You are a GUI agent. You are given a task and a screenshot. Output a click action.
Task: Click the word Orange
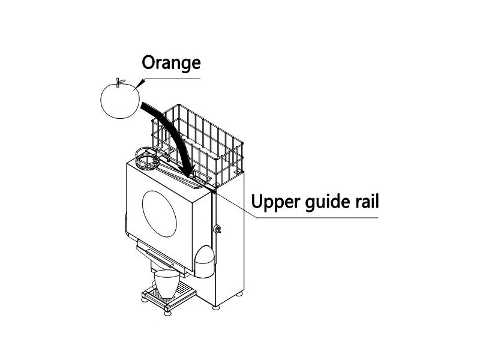(170, 62)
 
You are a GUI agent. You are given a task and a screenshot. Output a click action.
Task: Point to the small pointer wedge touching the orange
(139, 84)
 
